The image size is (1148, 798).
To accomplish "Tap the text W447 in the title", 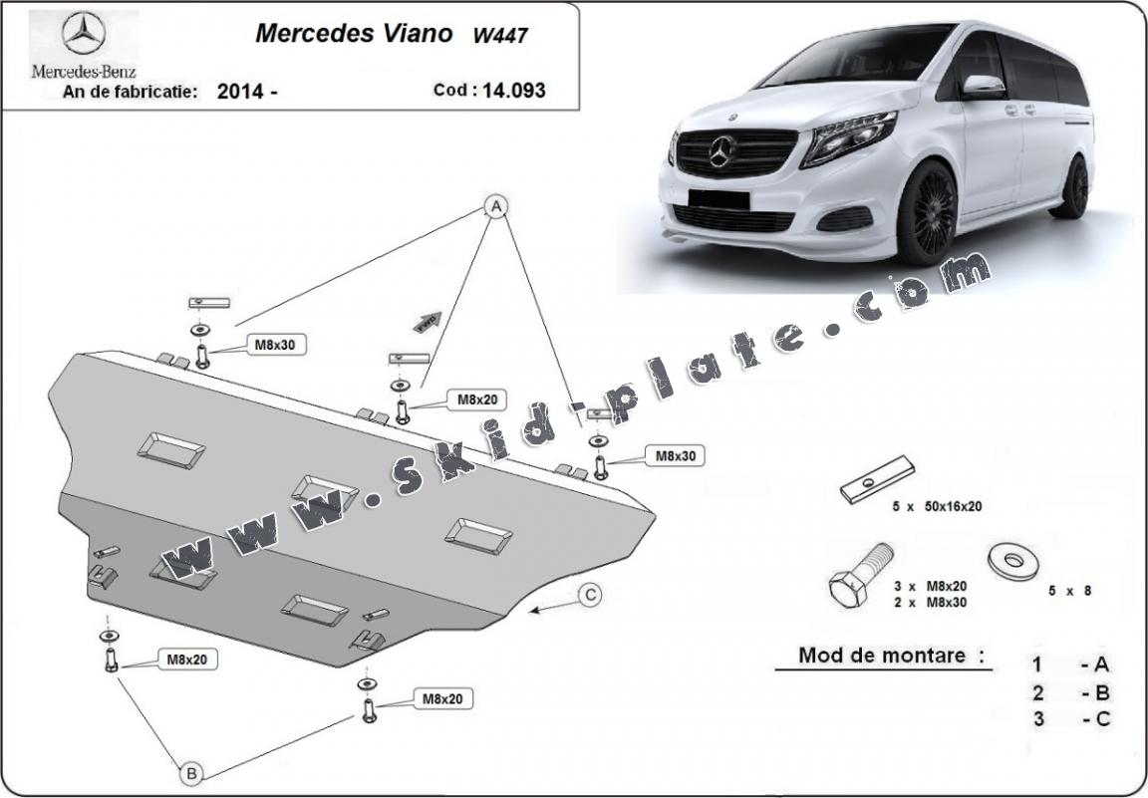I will (500, 35).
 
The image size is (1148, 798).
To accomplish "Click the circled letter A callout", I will (495, 206).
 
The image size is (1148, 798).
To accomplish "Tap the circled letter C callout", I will (591, 595).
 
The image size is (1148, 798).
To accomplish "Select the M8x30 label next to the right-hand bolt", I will (674, 455).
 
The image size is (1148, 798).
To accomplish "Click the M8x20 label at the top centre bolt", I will (476, 399).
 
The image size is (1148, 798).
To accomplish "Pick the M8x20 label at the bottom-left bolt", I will (185, 659).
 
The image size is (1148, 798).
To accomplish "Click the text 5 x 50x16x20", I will (937, 506).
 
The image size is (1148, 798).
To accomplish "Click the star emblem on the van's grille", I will (722, 151).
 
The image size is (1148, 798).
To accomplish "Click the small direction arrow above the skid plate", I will (428, 321).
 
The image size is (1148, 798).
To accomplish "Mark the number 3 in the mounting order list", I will (1037, 719).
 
